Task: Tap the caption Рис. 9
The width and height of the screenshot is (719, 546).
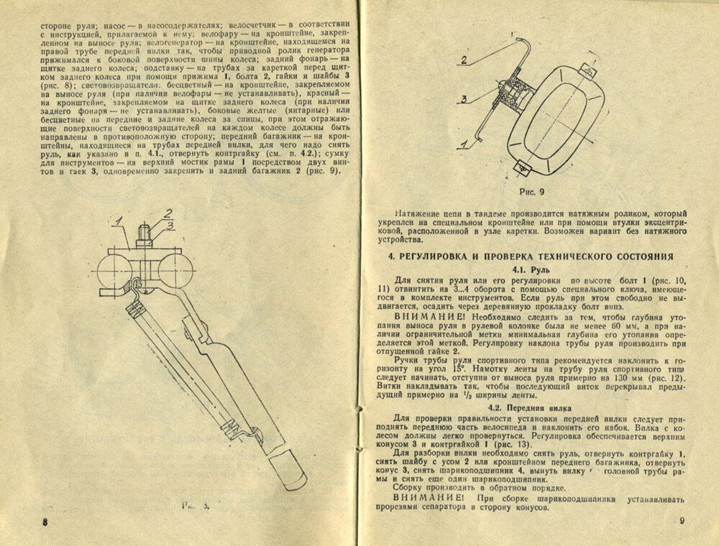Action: pos(534,193)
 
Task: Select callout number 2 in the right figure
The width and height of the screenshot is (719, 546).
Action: pos(465,60)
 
